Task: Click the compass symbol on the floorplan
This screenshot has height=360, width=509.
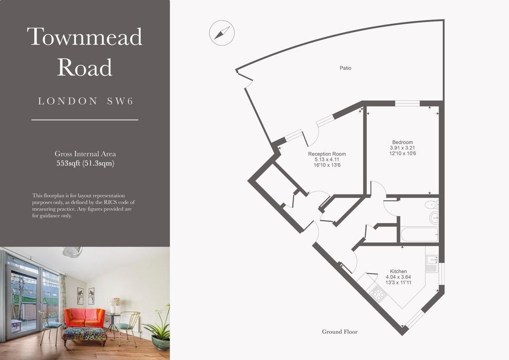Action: pyautogui.click(x=222, y=33)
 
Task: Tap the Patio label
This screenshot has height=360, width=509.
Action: pyautogui.click(x=345, y=68)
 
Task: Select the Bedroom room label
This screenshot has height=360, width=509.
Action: pyautogui.click(x=403, y=142)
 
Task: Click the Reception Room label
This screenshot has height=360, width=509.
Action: pyautogui.click(x=327, y=154)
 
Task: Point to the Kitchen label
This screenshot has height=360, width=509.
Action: pyautogui.click(x=398, y=271)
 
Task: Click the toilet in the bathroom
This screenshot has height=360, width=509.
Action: pyautogui.click(x=431, y=205)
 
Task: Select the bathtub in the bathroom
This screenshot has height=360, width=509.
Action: pyautogui.click(x=419, y=235)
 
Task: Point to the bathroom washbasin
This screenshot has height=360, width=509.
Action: pyautogui.click(x=434, y=218)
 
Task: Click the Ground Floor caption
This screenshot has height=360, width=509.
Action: pyautogui.click(x=340, y=332)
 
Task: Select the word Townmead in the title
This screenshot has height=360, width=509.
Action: pyautogui.click(x=85, y=37)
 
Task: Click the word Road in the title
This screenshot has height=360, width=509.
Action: pyautogui.click(x=84, y=67)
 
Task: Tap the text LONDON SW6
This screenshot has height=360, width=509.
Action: pyautogui.click(x=85, y=101)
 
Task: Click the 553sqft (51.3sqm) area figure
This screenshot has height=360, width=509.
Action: pyautogui.click(x=85, y=163)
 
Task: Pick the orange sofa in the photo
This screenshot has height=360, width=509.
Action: pyautogui.click(x=85, y=317)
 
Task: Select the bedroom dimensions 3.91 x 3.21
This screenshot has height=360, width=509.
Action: pyautogui.click(x=403, y=148)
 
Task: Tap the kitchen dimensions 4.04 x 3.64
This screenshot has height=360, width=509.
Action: pyautogui.click(x=398, y=277)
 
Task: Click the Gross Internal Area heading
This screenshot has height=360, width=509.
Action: pyautogui.click(x=85, y=154)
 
